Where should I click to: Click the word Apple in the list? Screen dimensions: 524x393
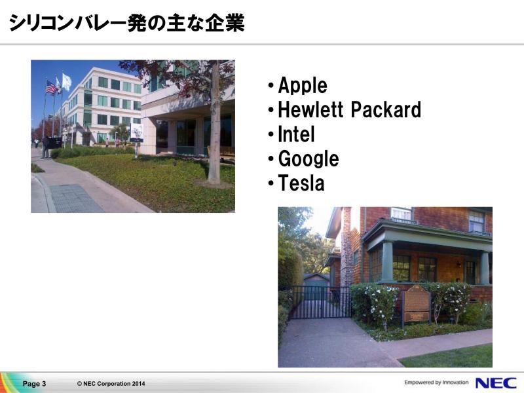303,86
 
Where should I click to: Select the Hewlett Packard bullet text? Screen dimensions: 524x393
349,109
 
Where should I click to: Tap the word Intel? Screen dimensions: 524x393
296,134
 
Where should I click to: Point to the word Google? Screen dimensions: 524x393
309,159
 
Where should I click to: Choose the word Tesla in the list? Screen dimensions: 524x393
301,183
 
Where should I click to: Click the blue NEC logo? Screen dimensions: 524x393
496,383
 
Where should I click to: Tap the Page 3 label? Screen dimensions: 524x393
34,384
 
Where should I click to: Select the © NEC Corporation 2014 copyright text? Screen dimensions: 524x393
111,384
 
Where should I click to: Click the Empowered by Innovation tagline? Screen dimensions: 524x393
436,383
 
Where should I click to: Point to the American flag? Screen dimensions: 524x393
51,88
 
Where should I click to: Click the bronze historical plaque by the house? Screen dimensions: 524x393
416,304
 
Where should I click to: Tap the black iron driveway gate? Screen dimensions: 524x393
320,302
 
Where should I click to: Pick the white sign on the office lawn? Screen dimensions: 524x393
136,133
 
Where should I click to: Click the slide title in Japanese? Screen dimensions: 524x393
127,23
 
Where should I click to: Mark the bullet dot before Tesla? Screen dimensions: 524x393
271,183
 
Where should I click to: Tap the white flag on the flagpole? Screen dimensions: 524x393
67,81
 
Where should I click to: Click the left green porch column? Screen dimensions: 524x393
387,261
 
